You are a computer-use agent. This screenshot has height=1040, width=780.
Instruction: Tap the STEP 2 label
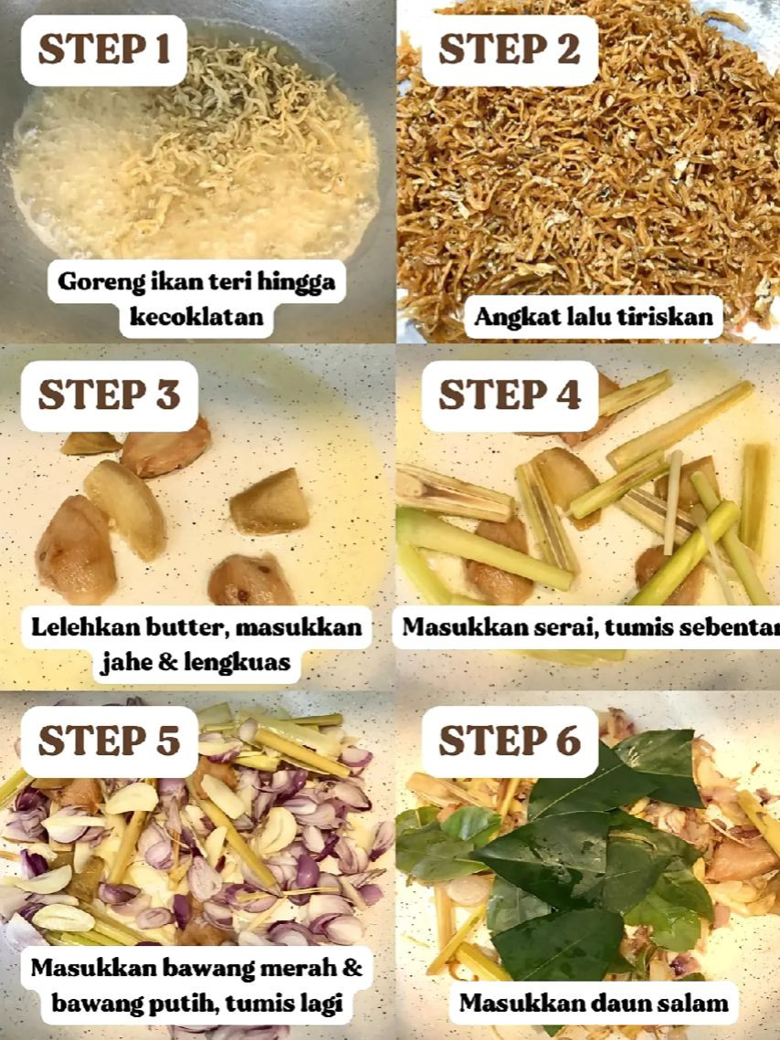[509, 50]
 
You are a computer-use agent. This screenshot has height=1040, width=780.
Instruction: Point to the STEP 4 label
[509, 395]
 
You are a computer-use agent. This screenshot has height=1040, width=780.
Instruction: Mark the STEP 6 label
[509, 741]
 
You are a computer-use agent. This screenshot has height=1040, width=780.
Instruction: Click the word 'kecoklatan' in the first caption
[196, 317]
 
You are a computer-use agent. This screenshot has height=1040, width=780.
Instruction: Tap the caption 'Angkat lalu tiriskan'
[594, 318]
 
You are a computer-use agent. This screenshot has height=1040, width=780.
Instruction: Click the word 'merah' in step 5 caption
[300, 969]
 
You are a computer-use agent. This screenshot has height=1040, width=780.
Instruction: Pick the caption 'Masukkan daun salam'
[594, 1003]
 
